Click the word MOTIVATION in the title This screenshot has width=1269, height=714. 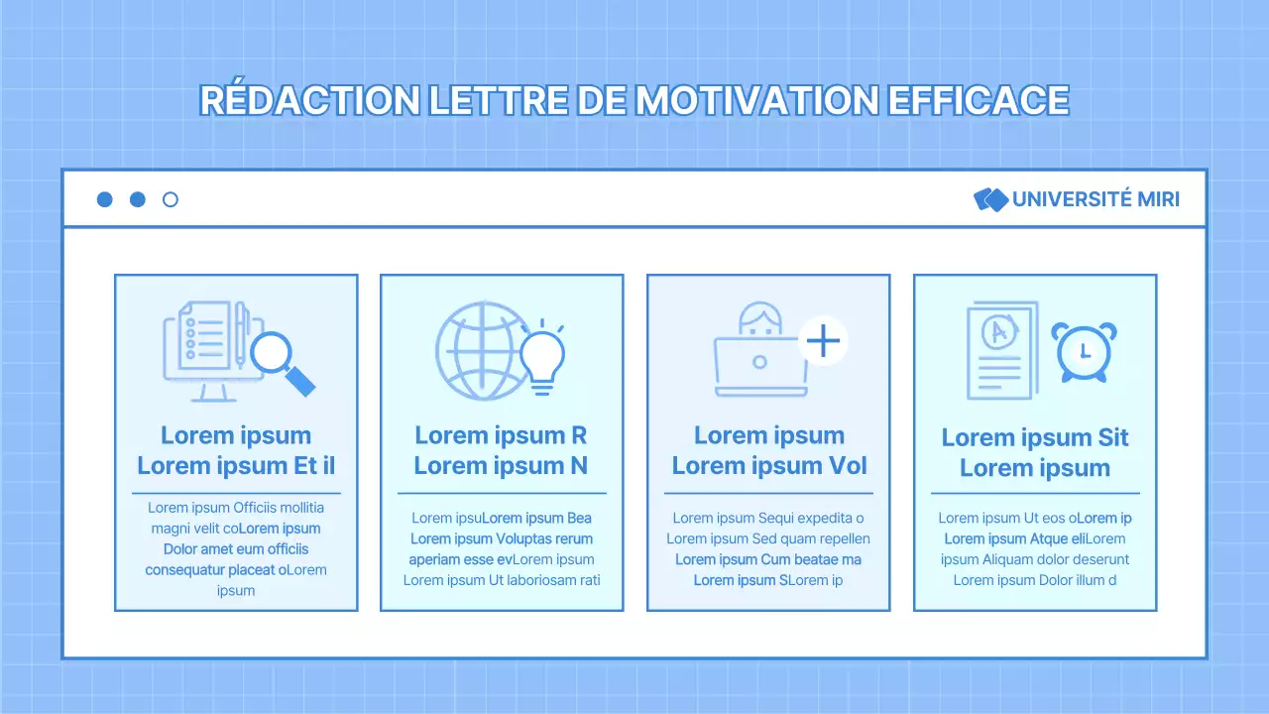[x=755, y=100]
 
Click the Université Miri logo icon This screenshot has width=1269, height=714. [x=990, y=199]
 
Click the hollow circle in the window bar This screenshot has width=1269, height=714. [x=170, y=199]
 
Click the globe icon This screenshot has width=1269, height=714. [x=476, y=350]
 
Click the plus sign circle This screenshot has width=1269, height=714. [x=823, y=342]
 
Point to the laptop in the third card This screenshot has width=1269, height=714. [x=759, y=365]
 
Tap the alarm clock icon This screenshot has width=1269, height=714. [x=1084, y=351]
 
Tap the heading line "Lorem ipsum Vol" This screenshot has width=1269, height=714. [x=768, y=465]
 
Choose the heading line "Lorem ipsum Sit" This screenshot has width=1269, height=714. [x=1035, y=437]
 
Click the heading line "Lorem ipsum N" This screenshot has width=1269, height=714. [x=502, y=465]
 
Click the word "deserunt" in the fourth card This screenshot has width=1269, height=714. [x=1099, y=559]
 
